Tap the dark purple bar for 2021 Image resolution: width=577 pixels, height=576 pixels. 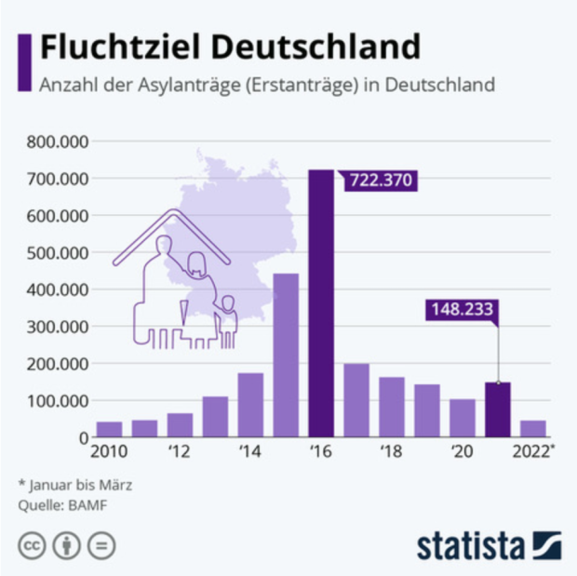pos(498,409)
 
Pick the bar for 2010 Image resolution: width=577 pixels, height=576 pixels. pos(109,429)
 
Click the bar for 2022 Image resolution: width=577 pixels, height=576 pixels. pos(533,428)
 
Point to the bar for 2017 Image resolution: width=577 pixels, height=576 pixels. pos(356,400)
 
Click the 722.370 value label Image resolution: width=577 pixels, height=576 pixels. pos(379,180)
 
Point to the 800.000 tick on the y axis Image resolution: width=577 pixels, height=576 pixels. pos(58,142)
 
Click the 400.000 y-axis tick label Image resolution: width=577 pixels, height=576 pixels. pos(58,289)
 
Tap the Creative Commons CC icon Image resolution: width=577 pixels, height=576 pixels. pos(32,545)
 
